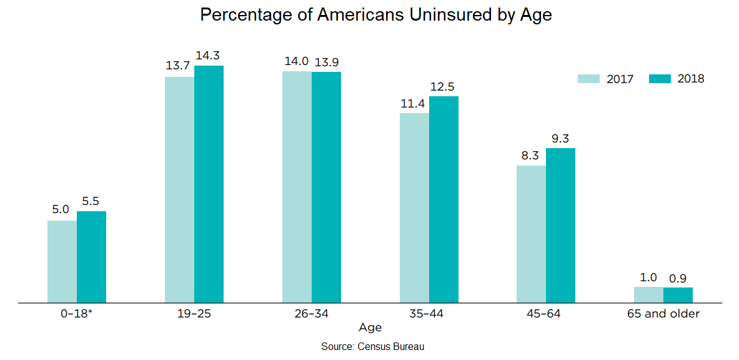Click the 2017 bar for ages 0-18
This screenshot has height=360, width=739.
pyautogui.click(x=62, y=261)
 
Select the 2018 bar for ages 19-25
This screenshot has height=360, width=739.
pyautogui.click(x=209, y=184)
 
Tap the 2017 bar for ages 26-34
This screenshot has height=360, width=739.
pyautogui.click(x=297, y=187)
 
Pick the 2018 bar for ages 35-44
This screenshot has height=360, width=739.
pyautogui.click(x=444, y=199)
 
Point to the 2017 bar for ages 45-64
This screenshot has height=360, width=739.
pyautogui.click(x=531, y=234)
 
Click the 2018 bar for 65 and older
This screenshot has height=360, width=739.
pyautogui.click(x=678, y=295)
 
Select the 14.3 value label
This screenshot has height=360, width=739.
pyautogui.click(x=209, y=55)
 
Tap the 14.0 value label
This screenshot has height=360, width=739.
pyautogui.click(x=297, y=61)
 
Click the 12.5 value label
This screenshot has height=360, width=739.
pyautogui.click(x=444, y=86)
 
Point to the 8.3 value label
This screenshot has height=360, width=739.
pyautogui.click(x=531, y=156)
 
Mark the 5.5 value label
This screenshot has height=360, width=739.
pyautogui.click(x=91, y=201)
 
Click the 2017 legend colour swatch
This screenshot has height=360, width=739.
pyautogui.click(x=588, y=79)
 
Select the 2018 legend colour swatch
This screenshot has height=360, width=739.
pyautogui.click(x=660, y=79)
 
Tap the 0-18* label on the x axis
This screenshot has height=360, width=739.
pyautogui.click(x=77, y=313)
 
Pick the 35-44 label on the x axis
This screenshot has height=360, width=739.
pyautogui.click(x=429, y=313)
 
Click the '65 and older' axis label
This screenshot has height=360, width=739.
pyautogui.click(x=663, y=313)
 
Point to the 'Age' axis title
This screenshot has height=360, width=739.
pyautogui.click(x=370, y=327)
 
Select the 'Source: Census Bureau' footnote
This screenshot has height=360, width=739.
pyautogui.click(x=373, y=346)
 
